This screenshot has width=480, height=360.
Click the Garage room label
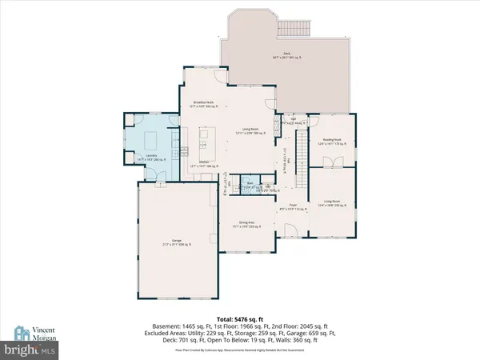[x=172, y=240]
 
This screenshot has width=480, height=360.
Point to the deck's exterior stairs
[x=288, y=29]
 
